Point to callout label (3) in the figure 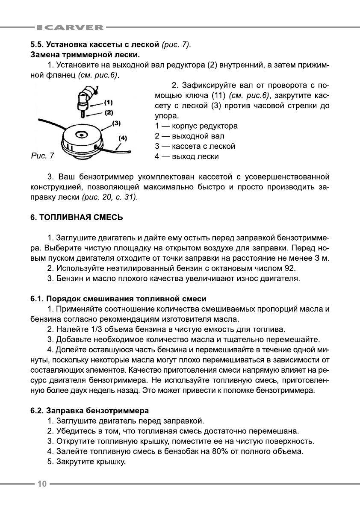pyautogui.click(x=117, y=123)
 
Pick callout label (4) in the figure pyautogui.click(x=123, y=138)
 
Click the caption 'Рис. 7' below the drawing pyautogui.click(x=43, y=156)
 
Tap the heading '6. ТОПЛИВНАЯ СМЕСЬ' pyautogui.click(x=77, y=218)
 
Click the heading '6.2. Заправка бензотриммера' pyautogui.click(x=89, y=411)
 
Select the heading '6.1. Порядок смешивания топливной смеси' pyautogui.click(x=118, y=298)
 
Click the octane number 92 pyautogui.click(x=289, y=268)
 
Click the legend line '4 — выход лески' pyautogui.click(x=186, y=156)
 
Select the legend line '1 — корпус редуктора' pyautogui.click(x=196, y=126)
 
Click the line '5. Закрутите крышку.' pyautogui.click(x=86, y=462)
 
